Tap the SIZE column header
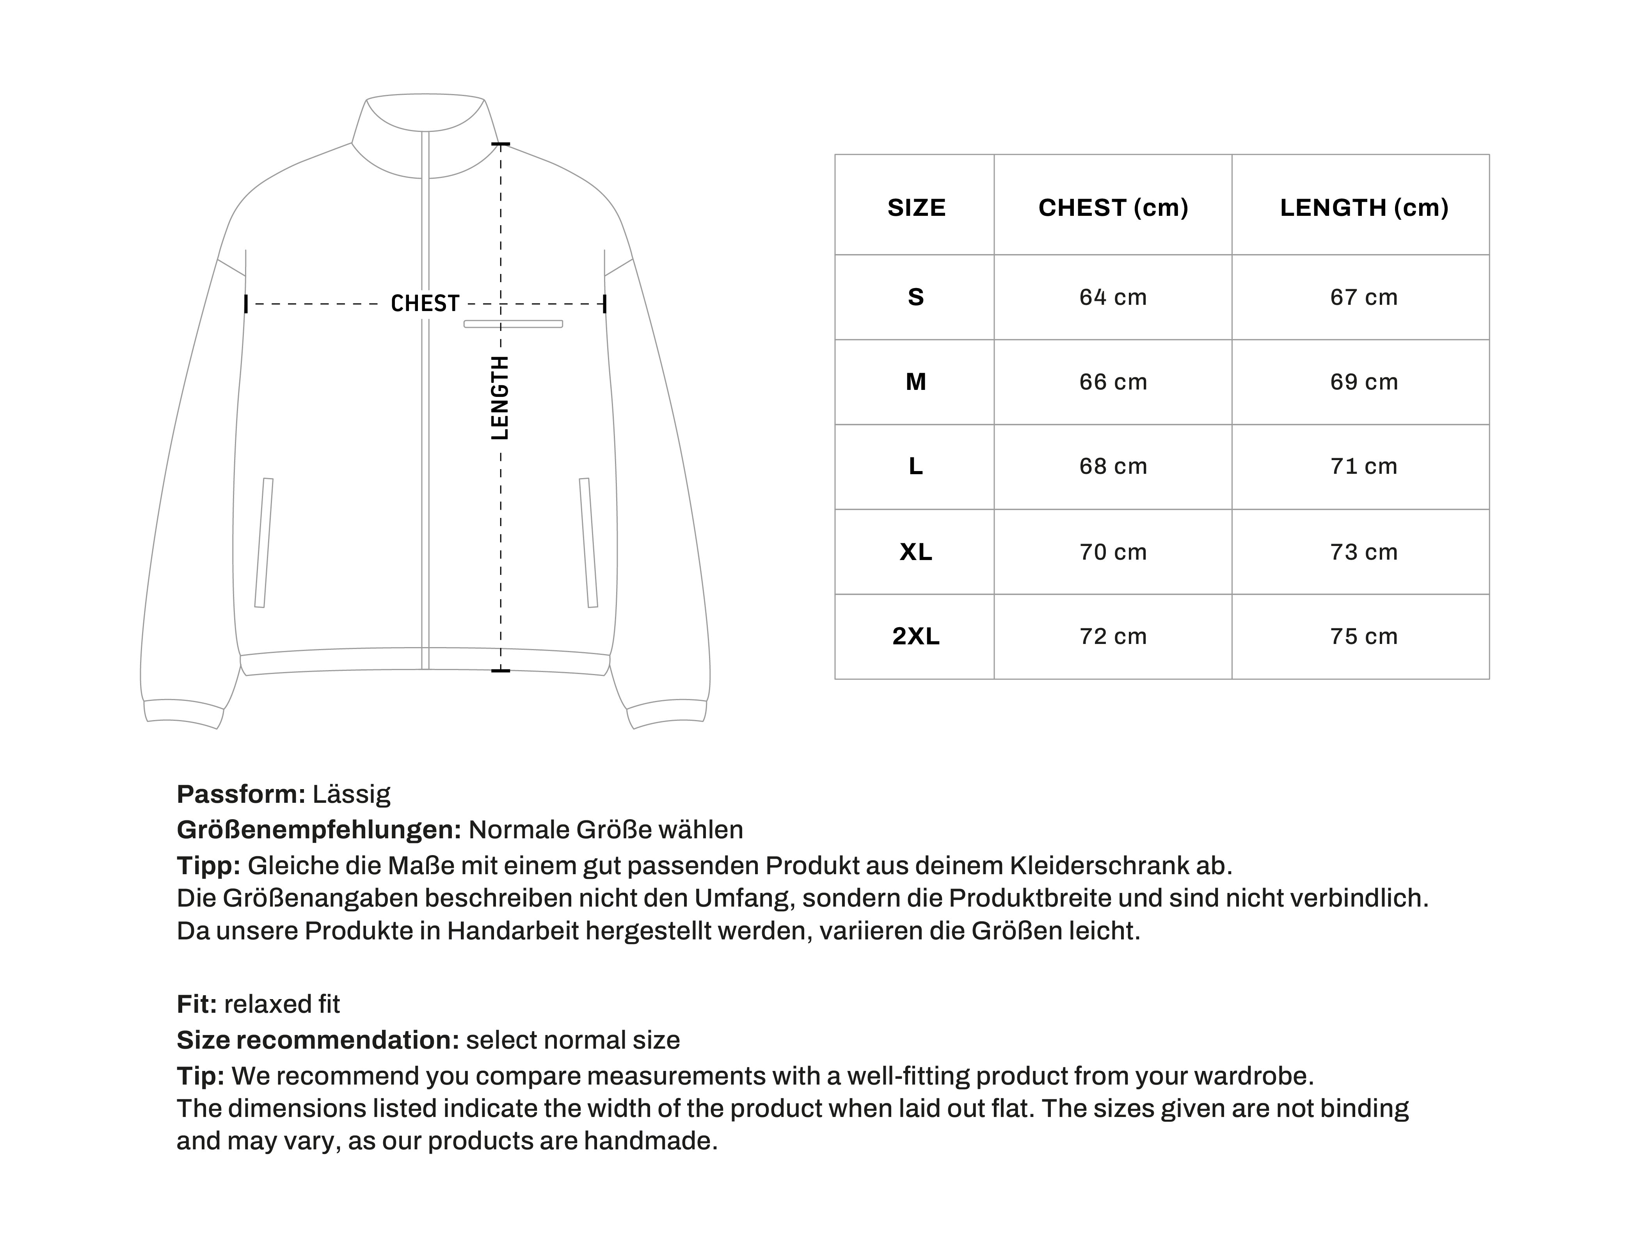[x=915, y=208]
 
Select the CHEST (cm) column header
[x=1113, y=208]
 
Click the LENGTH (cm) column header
[x=1363, y=208]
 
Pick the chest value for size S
[x=1113, y=297]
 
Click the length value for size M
[x=1363, y=382]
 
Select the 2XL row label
[x=915, y=637]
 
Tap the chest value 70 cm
[x=1113, y=552]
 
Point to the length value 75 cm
[x=1363, y=637]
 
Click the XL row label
[x=915, y=552]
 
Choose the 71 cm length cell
[x=1363, y=466]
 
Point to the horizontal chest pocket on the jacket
[x=513, y=324]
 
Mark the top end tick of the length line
[x=501, y=144]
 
